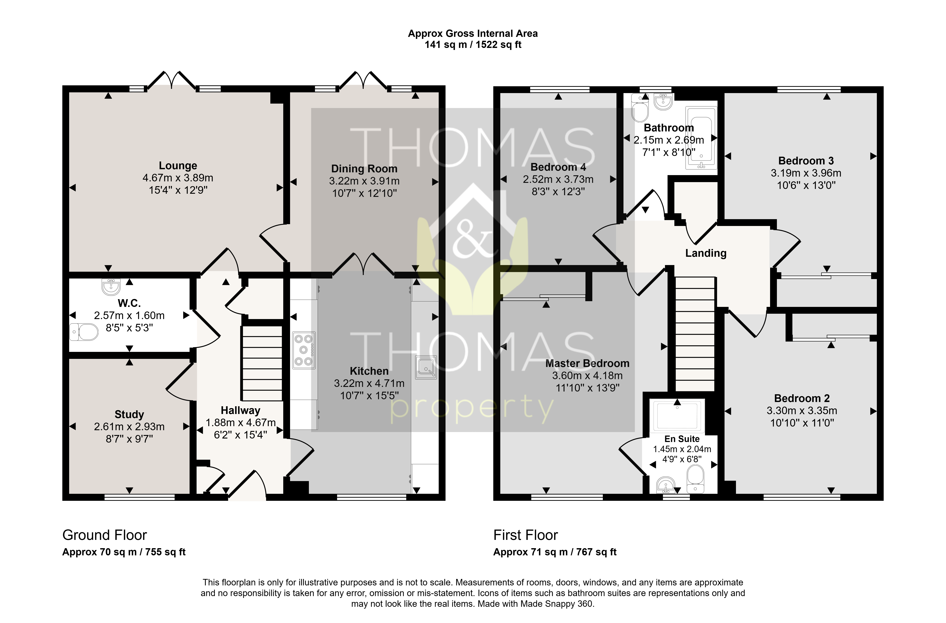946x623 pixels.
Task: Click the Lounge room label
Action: (x=178, y=166)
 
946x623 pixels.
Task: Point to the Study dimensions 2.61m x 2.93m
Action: (x=129, y=427)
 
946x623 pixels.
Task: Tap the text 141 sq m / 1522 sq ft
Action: (x=473, y=45)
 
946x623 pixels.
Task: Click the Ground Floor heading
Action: (x=105, y=535)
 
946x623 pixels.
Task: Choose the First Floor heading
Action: (x=526, y=535)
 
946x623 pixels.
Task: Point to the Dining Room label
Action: (x=364, y=169)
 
